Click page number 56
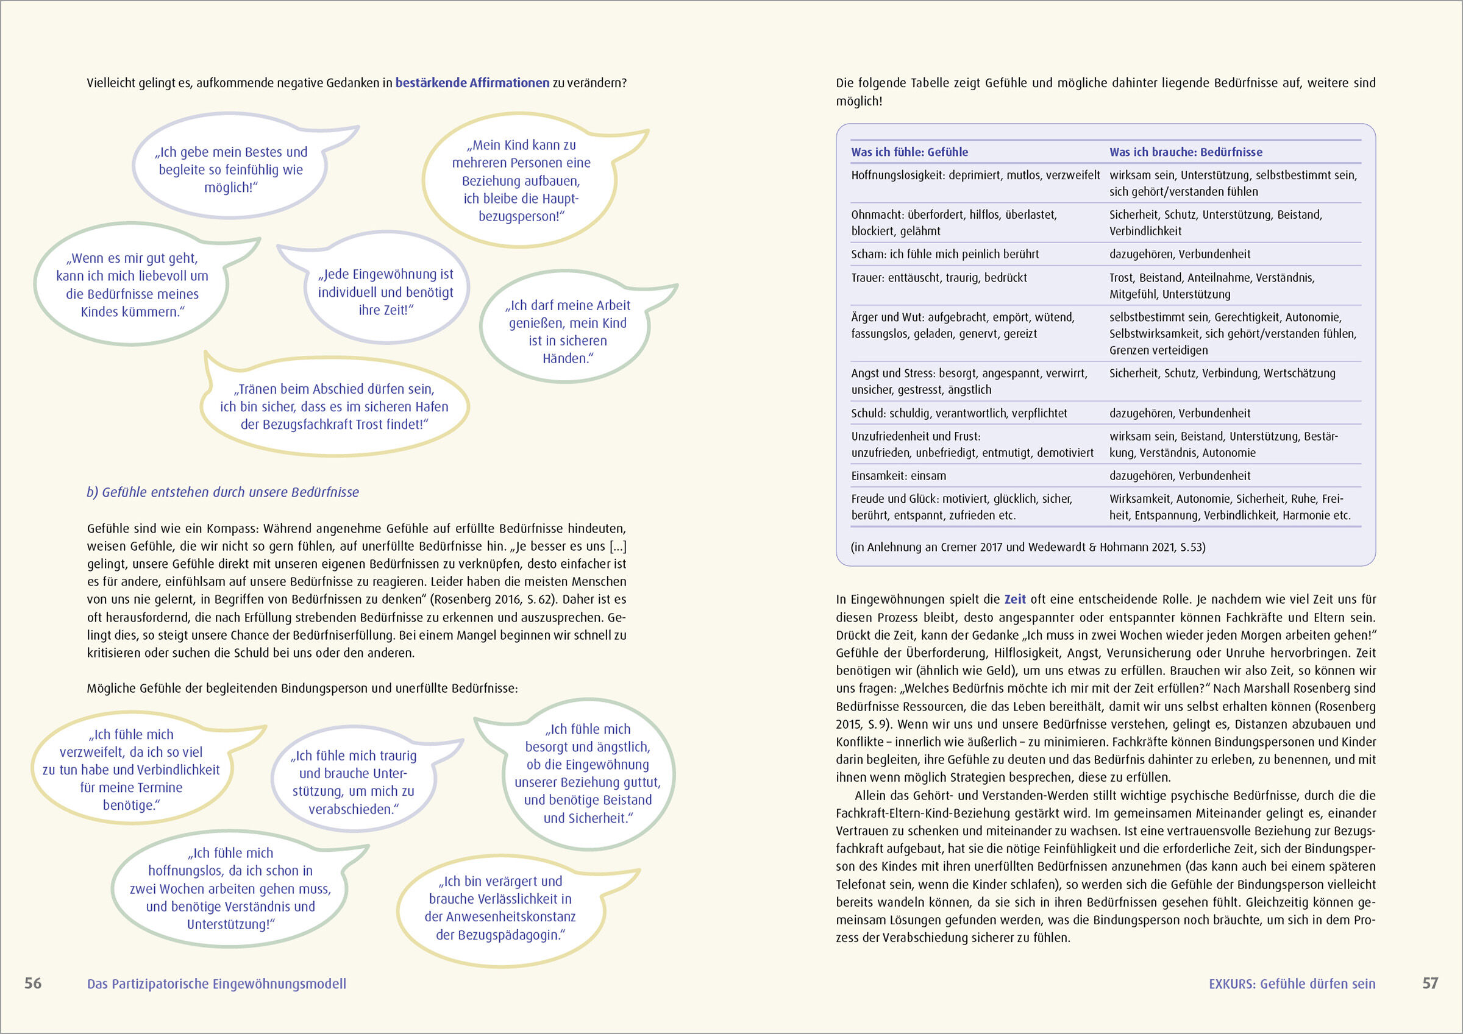tap(32, 983)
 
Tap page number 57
tap(1430, 983)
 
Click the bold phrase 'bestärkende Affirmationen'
tap(472, 83)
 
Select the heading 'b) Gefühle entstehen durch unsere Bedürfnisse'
tap(223, 492)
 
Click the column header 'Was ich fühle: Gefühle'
tap(909, 152)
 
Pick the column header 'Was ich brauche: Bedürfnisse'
tap(1185, 152)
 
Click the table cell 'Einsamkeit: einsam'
tap(899, 476)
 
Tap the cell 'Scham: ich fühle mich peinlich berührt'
tap(945, 254)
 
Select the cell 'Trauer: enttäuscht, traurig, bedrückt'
tap(939, 278)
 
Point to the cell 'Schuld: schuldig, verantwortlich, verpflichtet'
tap(959, 414)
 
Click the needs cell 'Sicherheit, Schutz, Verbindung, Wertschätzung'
tap(1222, 374)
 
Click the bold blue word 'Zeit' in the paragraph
tap(1015, 600)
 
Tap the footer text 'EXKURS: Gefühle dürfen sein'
tap(1292, 983)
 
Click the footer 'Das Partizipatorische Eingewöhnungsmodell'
tap(216, 983)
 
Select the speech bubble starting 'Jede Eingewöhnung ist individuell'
tap(385, 292)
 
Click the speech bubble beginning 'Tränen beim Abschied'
tap(334, 406)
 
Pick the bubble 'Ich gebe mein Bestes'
tap(230, 169)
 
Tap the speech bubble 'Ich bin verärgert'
tap(500, 908)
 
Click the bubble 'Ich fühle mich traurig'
tap(354, 782)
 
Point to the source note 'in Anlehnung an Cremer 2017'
tap(1028, 547)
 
